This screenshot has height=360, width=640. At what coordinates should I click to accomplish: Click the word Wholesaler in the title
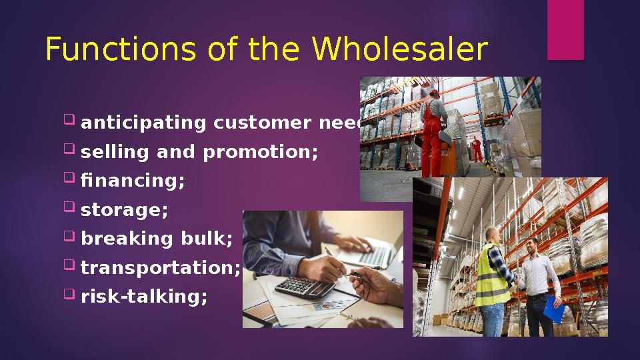(x=399, y=50)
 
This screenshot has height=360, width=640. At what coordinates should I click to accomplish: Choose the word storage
(x=124, y=211)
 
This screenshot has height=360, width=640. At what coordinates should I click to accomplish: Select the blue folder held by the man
(x=553, y=308)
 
